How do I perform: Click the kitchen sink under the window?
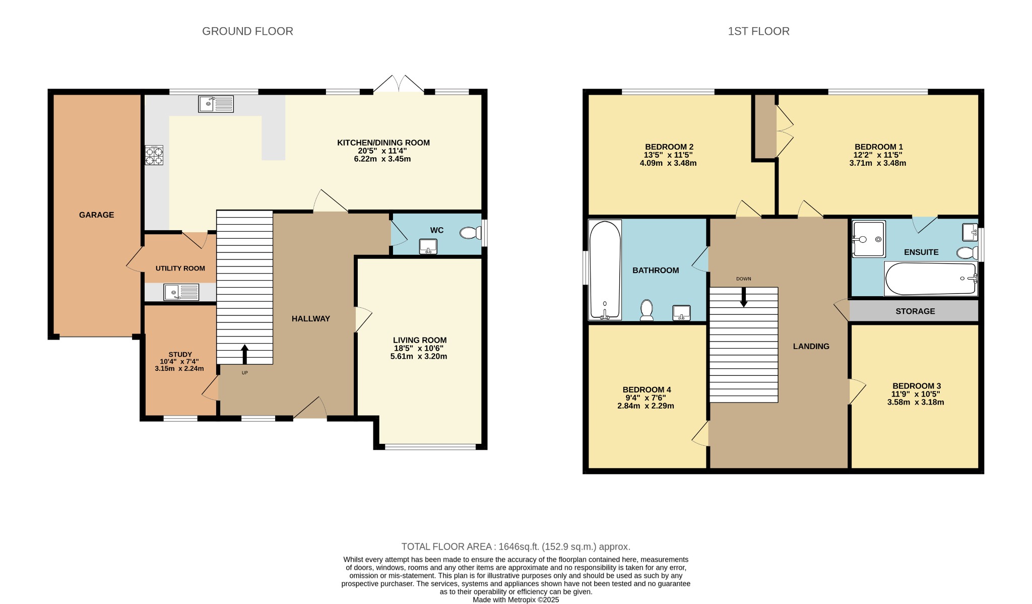tap(216, 104)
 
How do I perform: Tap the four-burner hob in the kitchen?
tap(154, 155)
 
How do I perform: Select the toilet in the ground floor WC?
tap(470, 233)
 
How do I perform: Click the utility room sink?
tap(181, 292)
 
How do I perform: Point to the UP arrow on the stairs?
tap(245, 353)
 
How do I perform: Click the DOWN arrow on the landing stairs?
tap(743, 297)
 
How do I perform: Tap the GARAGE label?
tap(96, 215)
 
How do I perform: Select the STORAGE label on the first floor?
tap(915, 311)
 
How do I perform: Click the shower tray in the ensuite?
tap(869, 239)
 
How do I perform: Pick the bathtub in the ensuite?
tap(931, 279)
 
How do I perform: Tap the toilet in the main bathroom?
tap(647, 310)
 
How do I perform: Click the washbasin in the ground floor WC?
tap(428, 246)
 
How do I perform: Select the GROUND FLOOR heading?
tap(247, 31)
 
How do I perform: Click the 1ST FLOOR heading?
tap(758, 31)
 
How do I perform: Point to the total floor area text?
tap(515, 547)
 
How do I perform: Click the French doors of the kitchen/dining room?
tap(399, 85)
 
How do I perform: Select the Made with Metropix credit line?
tap(515, 600)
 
